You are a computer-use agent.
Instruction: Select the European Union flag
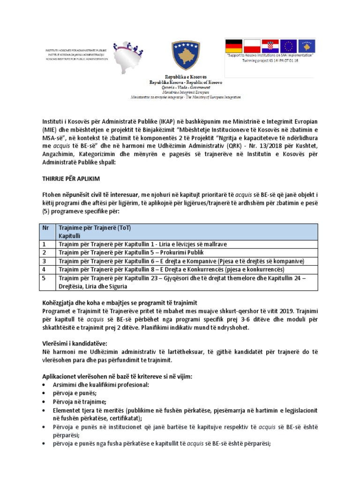click(289, 45)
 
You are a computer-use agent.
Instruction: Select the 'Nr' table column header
click(46, 228)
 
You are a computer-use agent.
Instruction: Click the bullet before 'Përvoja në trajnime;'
click(44, 402)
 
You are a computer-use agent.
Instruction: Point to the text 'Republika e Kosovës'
click(185, 76)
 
